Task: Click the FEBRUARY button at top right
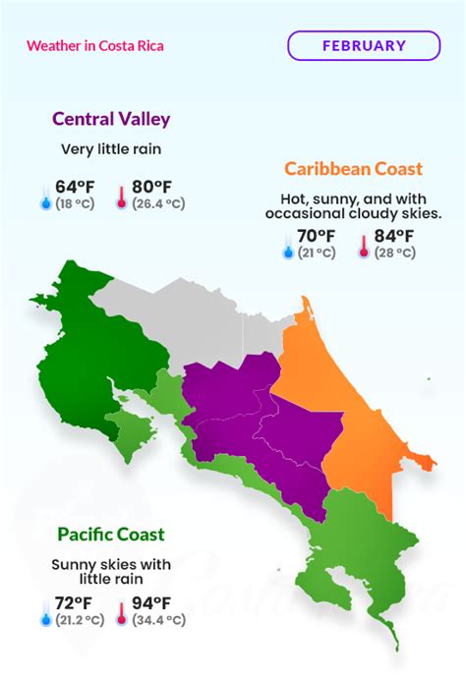click(x=364, y=45)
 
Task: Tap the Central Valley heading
click(x=111, y=120)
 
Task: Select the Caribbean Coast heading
click(x=354, y=169)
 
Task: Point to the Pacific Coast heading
click(x=111, y=536)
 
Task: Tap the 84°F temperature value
click(x=393, y=237)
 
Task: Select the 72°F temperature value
click(x=75, y=603)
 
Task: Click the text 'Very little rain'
click(x=111, y=150)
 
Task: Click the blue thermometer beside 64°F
click(x=43, y=196)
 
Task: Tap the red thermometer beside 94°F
click(x=122, y=611)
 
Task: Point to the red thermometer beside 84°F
click(x=363, y=245)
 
